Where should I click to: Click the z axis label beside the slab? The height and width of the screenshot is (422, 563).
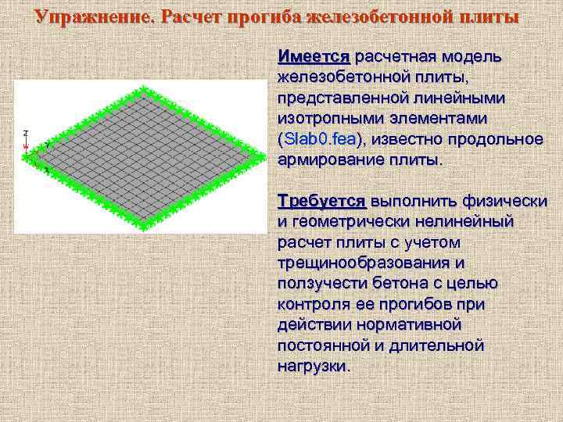(x=26, y=133)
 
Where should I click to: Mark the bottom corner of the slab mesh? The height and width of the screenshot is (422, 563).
(x=142, y=226)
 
